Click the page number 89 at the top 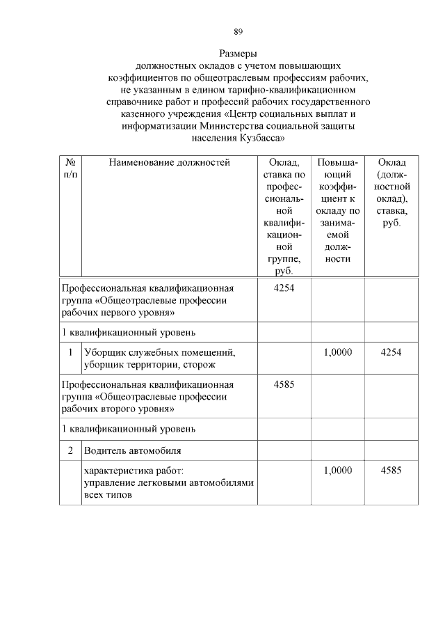coord(238,31)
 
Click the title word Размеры coord(238,53)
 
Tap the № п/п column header coord(70,168)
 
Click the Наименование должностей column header coord(169,163)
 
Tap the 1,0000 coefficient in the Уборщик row coord(338,353)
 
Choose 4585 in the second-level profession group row coord(284,384)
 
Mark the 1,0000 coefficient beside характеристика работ coord(338,471)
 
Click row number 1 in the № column coord(70,353)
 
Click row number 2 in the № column coord(70,450)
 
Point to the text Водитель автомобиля coord(127,450)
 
